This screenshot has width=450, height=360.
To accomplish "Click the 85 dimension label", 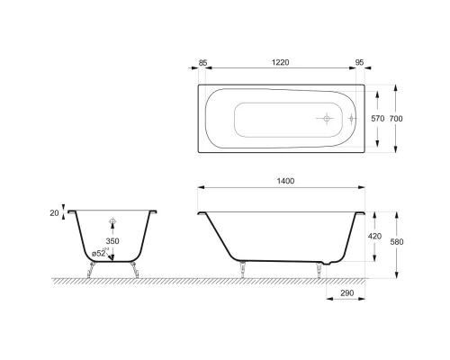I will [x=203, y=63].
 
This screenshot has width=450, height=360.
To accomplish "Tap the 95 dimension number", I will [x=359, y=63].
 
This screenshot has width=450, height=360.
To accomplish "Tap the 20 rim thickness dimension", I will [x=55, y=212].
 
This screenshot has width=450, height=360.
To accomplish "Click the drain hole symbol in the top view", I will [x=325, y=118].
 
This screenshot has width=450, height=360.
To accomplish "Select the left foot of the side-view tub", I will [x=240, y=267].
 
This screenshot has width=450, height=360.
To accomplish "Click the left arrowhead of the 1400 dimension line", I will [x=200, y=188].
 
